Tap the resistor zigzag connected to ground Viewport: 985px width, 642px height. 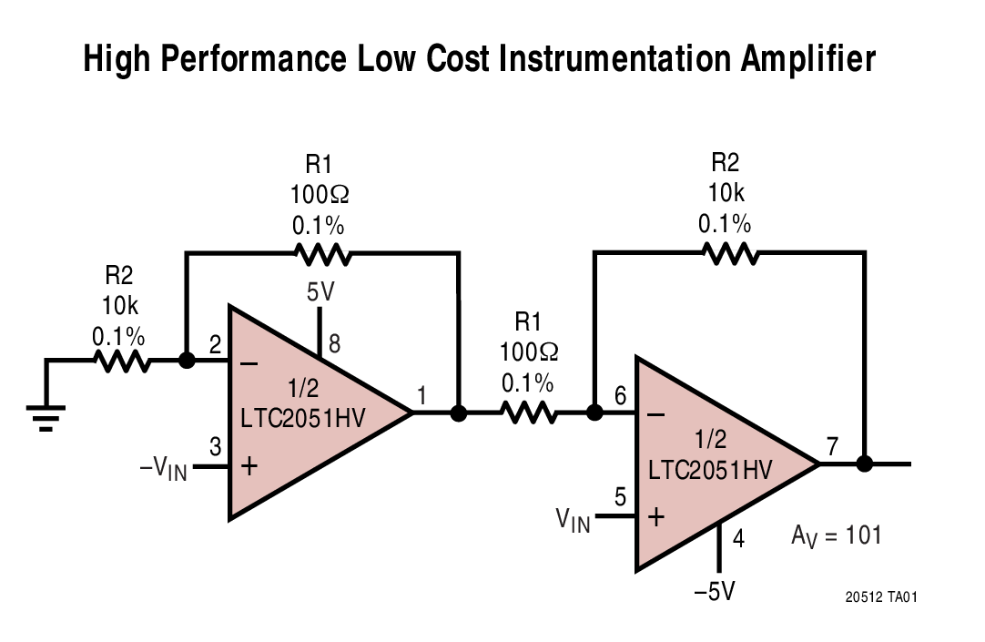(123, 361)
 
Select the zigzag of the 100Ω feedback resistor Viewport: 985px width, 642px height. (320, 253)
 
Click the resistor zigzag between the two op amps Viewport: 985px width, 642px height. (527, 413)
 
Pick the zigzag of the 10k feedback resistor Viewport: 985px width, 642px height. (729, 253)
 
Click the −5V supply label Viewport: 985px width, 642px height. (714, 592)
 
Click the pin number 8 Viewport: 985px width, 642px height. (334, 343)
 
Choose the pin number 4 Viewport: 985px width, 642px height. (738, 539)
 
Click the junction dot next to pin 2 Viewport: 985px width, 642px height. (187, 361)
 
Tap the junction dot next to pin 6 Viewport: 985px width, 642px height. (594, 413)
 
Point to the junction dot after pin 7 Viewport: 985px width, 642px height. (865, 464)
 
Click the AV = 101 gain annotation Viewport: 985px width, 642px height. (836, 535)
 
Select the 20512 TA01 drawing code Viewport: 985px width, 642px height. (880, 597)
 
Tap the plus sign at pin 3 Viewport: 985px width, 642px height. (249, 466)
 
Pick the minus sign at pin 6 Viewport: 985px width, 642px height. (655, 414)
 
